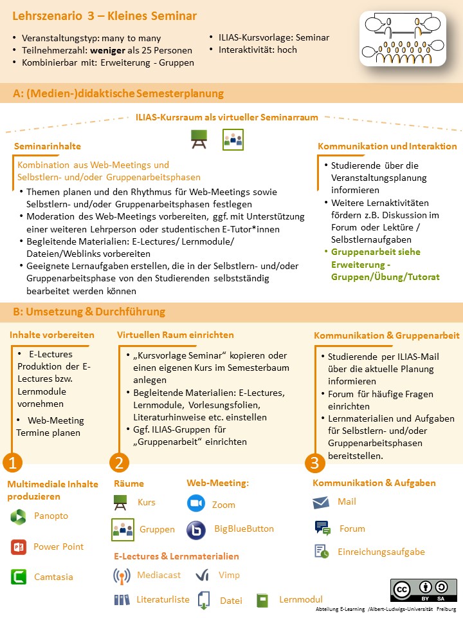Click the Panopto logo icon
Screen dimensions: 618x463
(x=19, y=516)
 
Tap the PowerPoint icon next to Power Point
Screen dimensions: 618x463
(x=18, y=547)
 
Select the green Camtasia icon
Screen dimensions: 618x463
(x=19, y=577)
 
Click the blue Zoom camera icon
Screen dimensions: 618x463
(x=195, y=503)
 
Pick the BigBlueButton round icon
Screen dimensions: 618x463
(x=195, y=530)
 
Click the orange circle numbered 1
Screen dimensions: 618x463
(x=13, y=462)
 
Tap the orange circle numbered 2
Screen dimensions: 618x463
(x=120, y=462)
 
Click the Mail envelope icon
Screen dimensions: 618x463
(x=322, y=502)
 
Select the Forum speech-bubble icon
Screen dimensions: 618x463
(x=322, y=529)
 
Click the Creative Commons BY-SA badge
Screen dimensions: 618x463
(x=424, y=591)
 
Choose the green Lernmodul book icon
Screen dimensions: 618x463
(x=262, y=600)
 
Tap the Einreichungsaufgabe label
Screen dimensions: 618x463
(x=381, y=552)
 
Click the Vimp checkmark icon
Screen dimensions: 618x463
(x=202, y=575)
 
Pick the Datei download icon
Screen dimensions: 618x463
(x=204, y=600)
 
